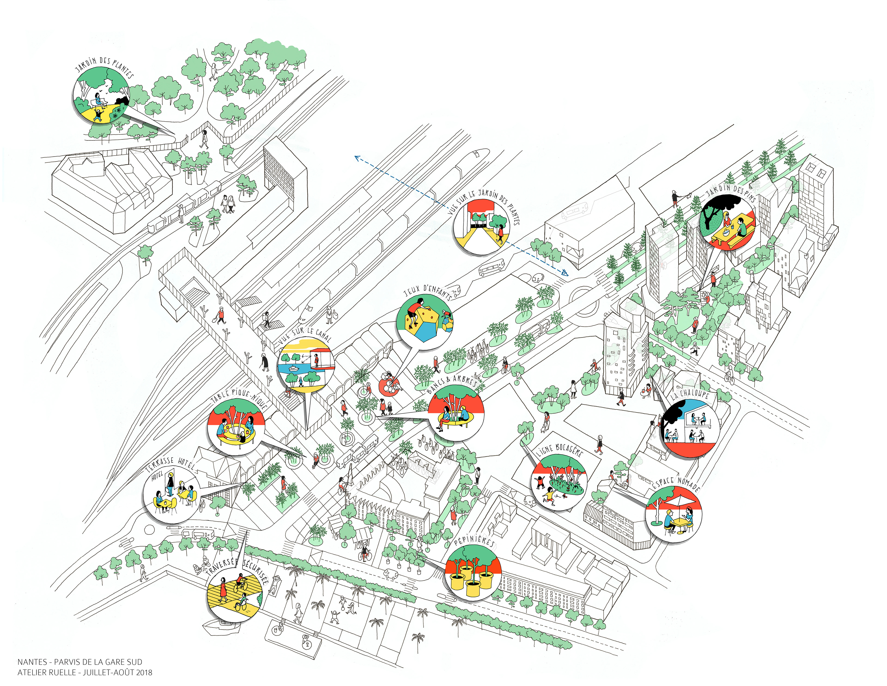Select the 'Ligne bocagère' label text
[x=560, y=450]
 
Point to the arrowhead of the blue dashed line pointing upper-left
[x=357, y=157]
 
